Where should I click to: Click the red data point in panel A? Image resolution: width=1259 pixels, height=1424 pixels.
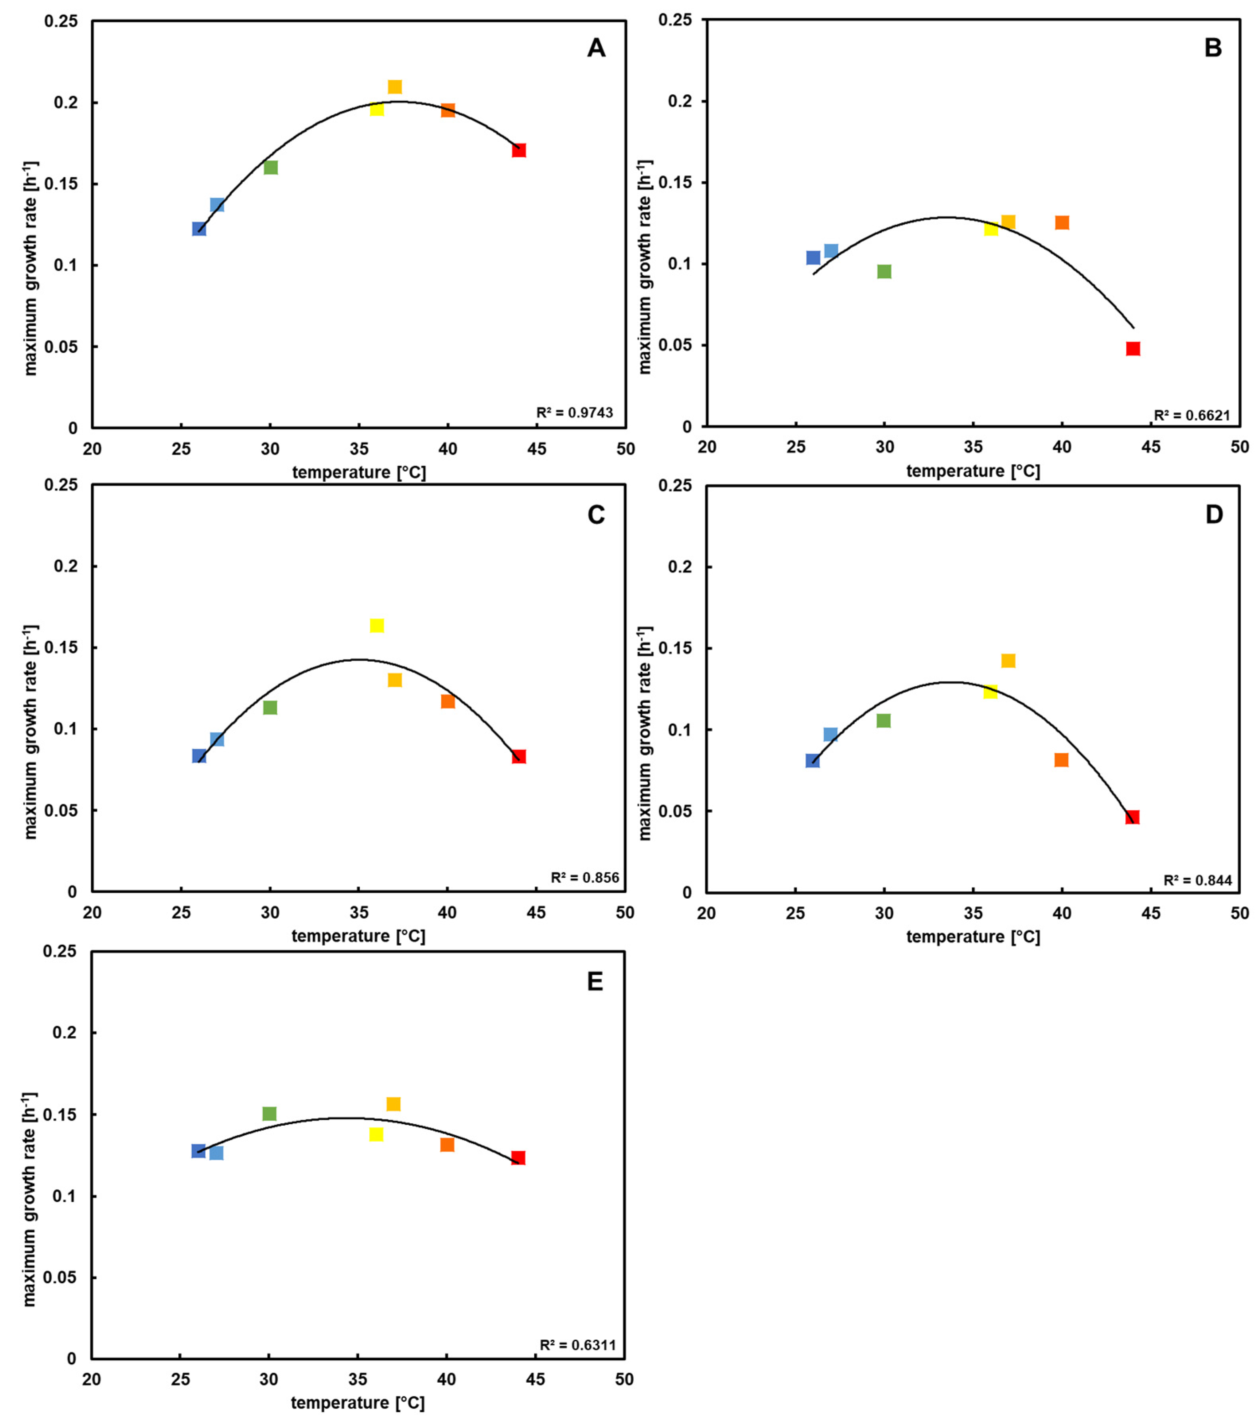[x=518, y=150]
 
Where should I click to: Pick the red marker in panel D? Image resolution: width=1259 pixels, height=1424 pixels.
[x=1132, y=817]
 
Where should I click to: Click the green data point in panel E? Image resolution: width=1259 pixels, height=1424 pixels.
[x=269, y=1114]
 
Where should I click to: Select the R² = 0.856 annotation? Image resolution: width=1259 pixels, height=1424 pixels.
[x=584, y=878]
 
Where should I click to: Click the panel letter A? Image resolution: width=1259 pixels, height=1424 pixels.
[x=596, y=49]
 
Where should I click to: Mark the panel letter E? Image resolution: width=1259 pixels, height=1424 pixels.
[x=594, y=982]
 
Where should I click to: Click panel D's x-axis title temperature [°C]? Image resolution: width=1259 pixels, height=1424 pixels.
[x=973, y=937]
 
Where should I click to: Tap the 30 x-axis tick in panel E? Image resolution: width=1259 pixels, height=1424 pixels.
[x=269, y=1379]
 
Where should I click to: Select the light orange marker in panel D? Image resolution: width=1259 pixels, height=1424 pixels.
[x=1008, y=661]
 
